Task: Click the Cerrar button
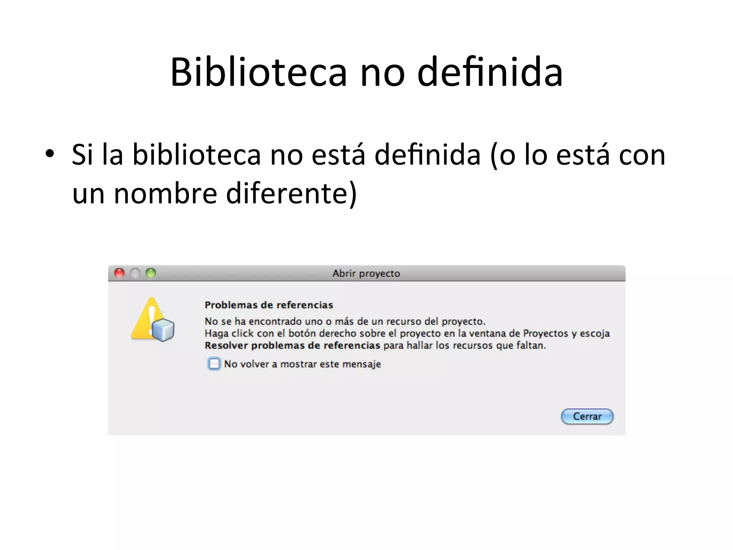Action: [x=587, y=416]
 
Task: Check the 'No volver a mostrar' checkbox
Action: [x=214, y=364]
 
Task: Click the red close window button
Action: [x=119, y=273]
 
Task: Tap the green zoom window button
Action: [x=151, y=273]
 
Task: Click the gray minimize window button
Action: [x=135, y=273]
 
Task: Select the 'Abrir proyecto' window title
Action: [x=366, y=273]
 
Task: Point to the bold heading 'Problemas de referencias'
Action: [x=269, y=305]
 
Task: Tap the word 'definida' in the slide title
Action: [x=490, y=72]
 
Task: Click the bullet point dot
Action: [x=50, y=154]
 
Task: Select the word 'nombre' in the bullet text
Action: [x=165, y=194]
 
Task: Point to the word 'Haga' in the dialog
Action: [x=216, y=334]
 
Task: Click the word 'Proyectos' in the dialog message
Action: [x=545, y=334]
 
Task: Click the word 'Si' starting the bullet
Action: [x=83, y=155]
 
